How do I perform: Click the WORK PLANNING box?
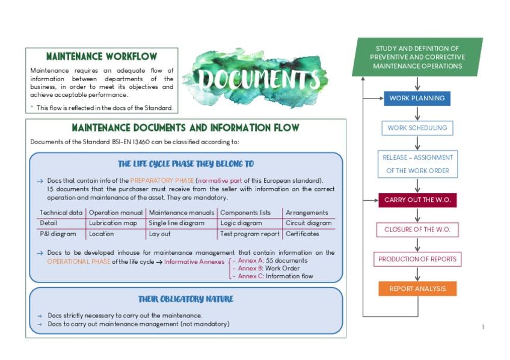tap(417, 99)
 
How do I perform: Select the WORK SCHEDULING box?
tap(417, 128)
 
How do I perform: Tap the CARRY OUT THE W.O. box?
tap(417, 200)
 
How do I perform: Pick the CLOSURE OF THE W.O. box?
tap(417, 230)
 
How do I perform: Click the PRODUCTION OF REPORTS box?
tap(417, 259)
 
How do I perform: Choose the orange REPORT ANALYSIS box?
tap(417, 288)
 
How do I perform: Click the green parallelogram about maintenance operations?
tap(417, 57)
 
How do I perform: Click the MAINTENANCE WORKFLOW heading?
tap(102, 56)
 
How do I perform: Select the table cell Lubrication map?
tap(113, 223)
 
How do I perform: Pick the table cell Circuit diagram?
tap(308, 223)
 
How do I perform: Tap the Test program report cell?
tap(250, 234)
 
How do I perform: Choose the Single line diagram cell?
tap(176, 223)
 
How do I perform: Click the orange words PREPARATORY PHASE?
tap(162, 180)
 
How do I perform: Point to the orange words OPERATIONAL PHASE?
tap(78, 261)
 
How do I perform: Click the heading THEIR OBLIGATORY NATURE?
tap(186, 299)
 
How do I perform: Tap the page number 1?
tap(483, 327)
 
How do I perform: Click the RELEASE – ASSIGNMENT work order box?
tap(417, 164)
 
